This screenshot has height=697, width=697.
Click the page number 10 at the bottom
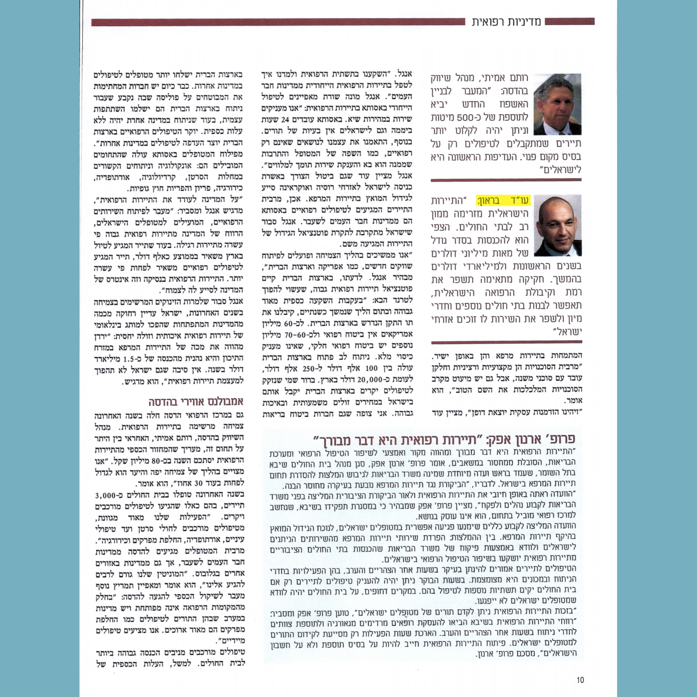[x=580, y=680]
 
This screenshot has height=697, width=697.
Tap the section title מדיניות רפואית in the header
[x=506, y=22]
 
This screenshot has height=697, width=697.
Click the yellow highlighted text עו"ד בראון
[x=503, y=201]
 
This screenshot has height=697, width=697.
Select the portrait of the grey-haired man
[x=557, y=104]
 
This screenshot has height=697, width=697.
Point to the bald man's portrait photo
[x=557, y=225]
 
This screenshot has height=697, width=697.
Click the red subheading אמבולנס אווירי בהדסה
[x=196, y=401]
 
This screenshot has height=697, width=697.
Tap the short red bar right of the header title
[x=569, y=21]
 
